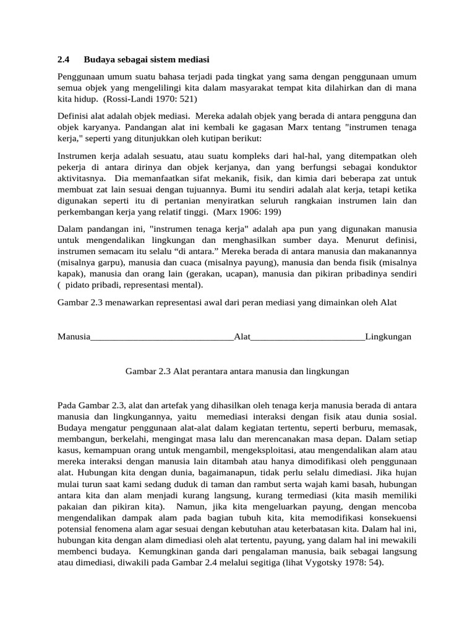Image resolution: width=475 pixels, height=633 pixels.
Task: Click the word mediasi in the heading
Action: (192, 60)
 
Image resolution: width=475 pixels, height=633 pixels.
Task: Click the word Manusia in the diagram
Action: (74, 337)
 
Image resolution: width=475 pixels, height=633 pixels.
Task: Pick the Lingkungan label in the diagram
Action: (388, 337)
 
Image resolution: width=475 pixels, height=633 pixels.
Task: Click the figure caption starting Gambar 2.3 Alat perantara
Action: (237, 372)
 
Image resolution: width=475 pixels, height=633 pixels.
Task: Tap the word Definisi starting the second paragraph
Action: (74, 116)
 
